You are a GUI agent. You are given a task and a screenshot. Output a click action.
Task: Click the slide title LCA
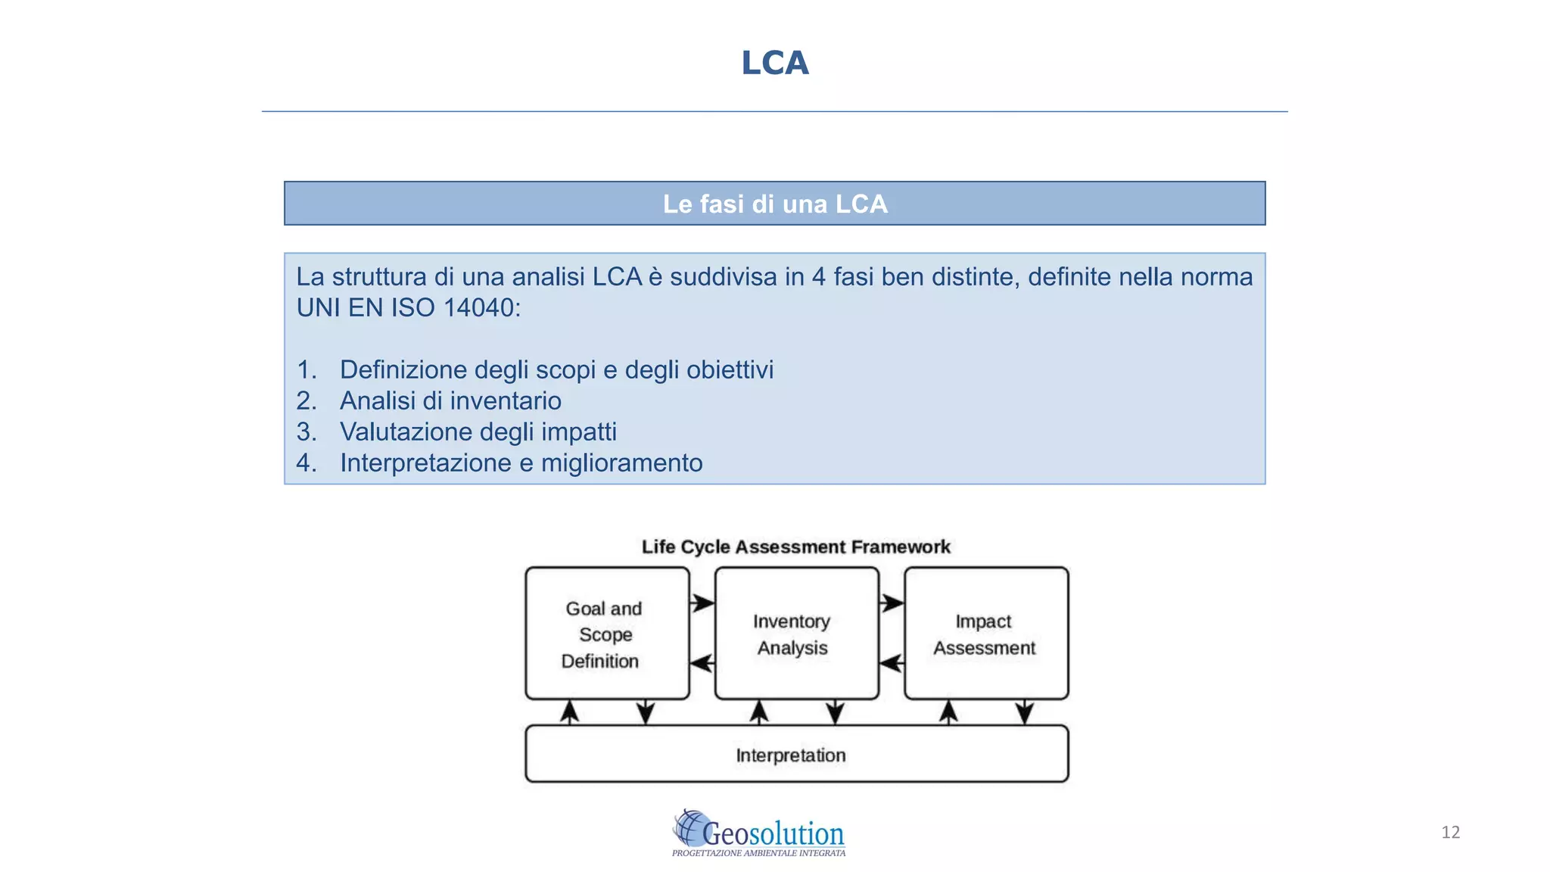point(774,63)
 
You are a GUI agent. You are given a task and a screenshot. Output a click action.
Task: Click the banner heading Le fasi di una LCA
point(774,204)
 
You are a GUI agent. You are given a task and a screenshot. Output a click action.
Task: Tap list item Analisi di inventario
point(450,400)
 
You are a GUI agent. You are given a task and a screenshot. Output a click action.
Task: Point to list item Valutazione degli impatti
point(478,431)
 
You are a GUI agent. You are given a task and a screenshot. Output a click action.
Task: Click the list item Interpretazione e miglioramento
point(521,462)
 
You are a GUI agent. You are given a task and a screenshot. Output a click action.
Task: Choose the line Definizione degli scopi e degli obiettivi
point(556,369)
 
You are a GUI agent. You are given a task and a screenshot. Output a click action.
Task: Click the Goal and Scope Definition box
point(606,634)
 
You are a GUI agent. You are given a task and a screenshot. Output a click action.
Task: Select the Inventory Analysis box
point(795,634)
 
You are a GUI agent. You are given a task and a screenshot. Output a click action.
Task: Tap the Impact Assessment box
point(985,634)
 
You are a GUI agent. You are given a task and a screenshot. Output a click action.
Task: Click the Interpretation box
point(795,755)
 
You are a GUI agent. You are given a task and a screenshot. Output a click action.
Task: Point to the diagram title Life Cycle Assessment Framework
point(795,547)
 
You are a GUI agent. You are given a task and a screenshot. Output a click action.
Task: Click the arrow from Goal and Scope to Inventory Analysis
point(702,603)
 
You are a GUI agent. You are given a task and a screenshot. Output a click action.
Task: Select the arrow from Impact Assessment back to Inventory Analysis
point(892,664)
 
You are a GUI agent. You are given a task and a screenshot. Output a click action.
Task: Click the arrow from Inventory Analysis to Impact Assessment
point(892,603)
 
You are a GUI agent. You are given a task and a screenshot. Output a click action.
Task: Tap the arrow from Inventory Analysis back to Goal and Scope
point(702,664)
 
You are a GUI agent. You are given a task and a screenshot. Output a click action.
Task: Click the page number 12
point(1450,832)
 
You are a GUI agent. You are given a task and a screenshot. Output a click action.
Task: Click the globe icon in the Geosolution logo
point(690,827)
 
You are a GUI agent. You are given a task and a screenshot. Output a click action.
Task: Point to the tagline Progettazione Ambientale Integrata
point(758,853)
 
